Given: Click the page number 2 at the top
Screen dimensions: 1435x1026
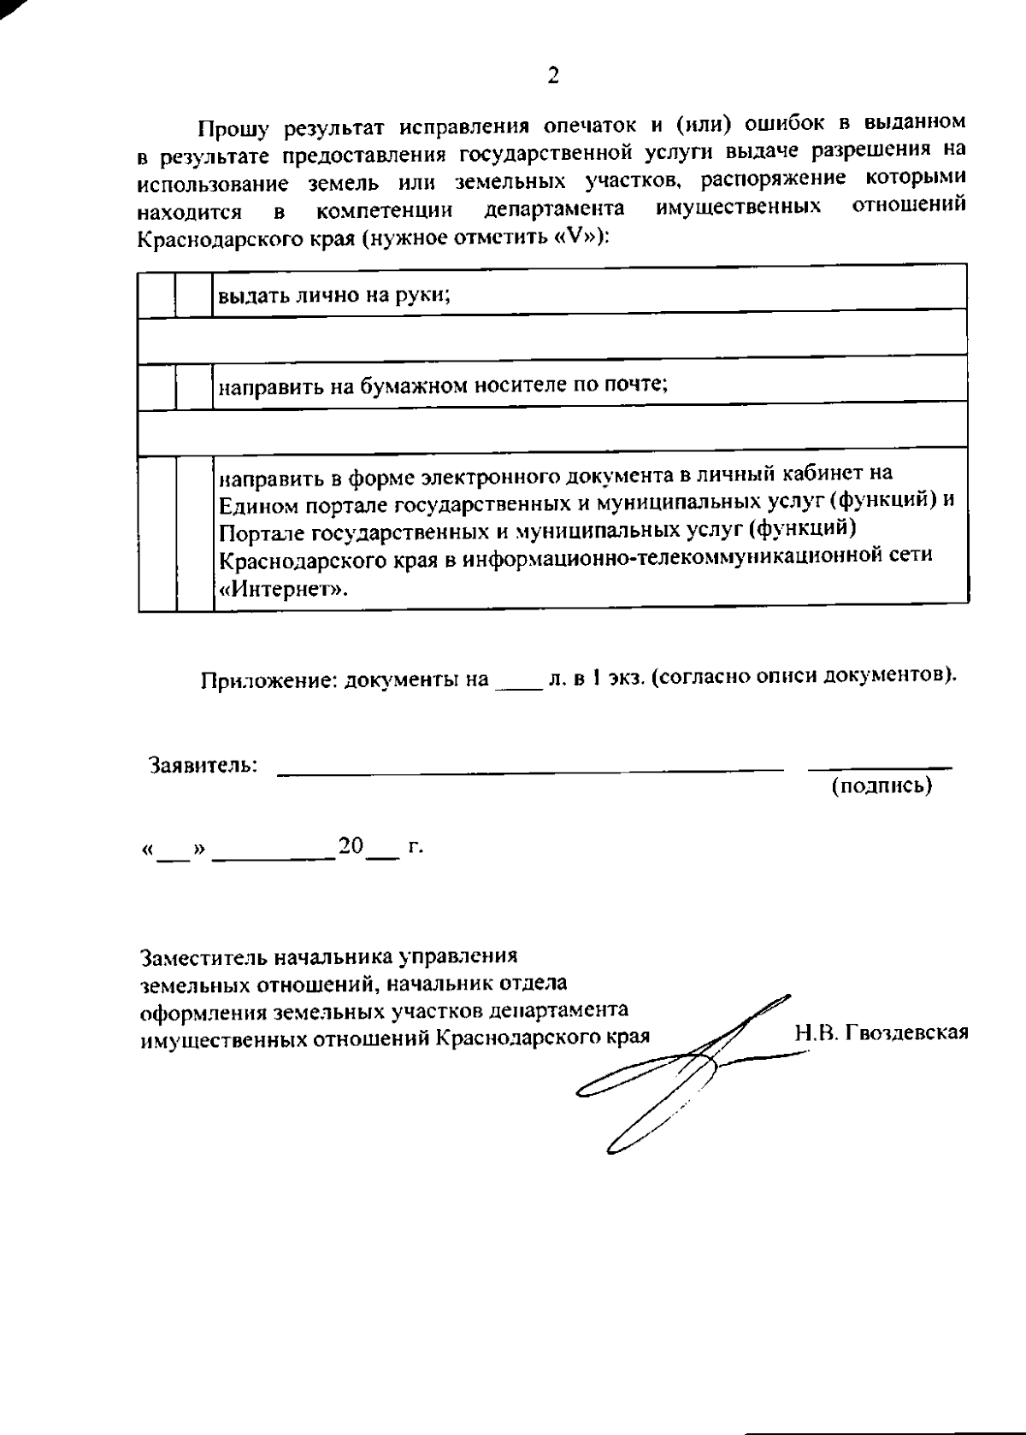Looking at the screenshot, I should pos(552,76).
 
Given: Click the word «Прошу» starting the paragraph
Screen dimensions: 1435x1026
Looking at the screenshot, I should pos(232,129).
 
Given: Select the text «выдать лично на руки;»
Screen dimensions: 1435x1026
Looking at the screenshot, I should pos(334,296).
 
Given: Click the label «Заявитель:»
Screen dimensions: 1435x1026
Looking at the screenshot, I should pos(203,764).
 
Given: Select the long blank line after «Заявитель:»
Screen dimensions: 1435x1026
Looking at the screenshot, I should pos(530,771).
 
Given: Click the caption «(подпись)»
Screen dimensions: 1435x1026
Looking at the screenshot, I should pos(882,785).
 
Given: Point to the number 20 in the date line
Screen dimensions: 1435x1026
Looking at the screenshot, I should pos(351,847).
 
